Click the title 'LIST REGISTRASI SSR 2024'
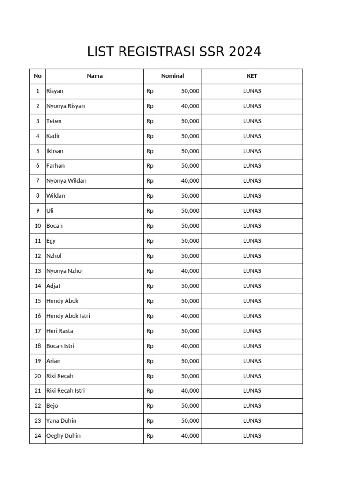pos(174,52)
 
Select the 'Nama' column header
pos(95,76)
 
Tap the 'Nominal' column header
pos(172,76)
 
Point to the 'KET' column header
pos(252,76)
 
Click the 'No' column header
pos(37,76)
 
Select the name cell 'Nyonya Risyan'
pos(66,106)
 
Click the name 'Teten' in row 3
pos(54,121)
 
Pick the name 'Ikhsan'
pos(55,151)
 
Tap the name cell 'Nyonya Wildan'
pos(67,180)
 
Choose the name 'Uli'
pos(50,210)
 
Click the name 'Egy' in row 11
pos(51,240)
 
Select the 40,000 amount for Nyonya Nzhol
pos(190,270)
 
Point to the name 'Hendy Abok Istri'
pos(68,315)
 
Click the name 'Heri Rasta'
pos(60,330)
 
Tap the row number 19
pos(37,360)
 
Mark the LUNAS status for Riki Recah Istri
pos(252,390)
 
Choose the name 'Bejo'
pos(52,405)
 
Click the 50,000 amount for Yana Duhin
pos(190,420)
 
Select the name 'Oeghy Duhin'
pos(63,435)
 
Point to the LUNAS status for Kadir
pos(252,136)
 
